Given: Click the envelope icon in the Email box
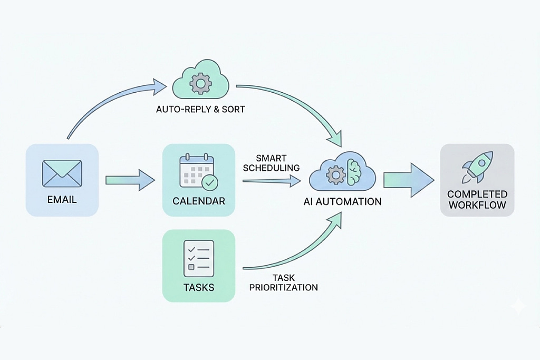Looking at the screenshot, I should point(62,173).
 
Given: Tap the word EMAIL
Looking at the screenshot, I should point(62,200).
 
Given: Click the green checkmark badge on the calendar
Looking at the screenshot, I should point(209,182).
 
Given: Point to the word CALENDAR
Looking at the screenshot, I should point(199,201).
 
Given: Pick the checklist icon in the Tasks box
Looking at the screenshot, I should point(199,258).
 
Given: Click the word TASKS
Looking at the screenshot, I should point(199,287).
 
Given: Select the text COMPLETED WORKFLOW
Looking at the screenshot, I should point(477,200).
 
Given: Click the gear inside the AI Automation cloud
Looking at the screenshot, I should point(336,174).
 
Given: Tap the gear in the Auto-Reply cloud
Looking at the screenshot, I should point(200,83).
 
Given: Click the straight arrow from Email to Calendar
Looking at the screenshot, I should point(130,180).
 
